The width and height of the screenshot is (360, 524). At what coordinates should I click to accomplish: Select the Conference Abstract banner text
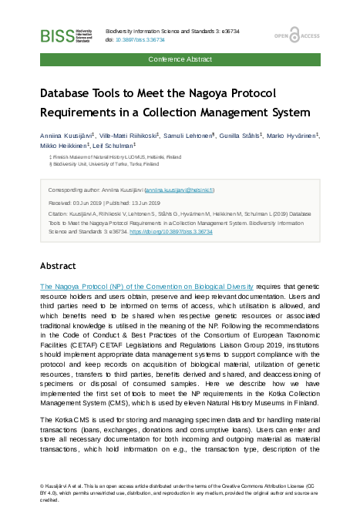pyautogui.click(x=180, y=59)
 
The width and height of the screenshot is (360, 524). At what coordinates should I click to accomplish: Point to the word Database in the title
pyautogui.click(x=72, y=93)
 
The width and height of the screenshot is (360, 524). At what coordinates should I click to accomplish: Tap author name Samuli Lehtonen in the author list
pyautogui.click(x=189, y=134)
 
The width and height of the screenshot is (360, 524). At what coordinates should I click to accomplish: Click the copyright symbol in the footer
pyautogui.click(x=42, y=486)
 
